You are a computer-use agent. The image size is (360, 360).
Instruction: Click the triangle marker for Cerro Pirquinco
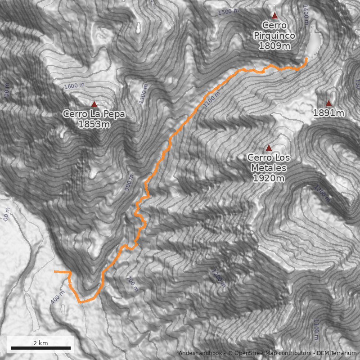coord(274,15)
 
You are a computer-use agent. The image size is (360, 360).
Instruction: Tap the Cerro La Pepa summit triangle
coord(94,104)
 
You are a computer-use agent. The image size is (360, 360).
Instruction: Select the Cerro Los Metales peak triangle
coord(269,148)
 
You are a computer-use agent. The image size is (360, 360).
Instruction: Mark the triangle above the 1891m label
coord(328,103)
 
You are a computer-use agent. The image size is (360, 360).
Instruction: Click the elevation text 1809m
coord(274,45)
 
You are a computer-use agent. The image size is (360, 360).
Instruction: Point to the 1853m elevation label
coord(94,124)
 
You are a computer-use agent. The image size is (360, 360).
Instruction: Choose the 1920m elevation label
coord(269,178)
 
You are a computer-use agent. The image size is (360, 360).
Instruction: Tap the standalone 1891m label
coord(328,113)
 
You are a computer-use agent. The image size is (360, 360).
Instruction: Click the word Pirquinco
coord(274,36)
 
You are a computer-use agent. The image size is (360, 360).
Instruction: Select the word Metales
coord(269,168)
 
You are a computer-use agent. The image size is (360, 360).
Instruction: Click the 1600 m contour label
coord(74,85)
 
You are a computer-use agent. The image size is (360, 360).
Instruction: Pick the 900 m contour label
coord(129,182)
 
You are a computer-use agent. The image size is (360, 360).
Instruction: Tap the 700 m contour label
coord(132,284)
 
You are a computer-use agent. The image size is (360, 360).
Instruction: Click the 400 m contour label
coord(58,297)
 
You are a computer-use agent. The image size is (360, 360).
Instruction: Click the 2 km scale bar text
coord(40,343)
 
